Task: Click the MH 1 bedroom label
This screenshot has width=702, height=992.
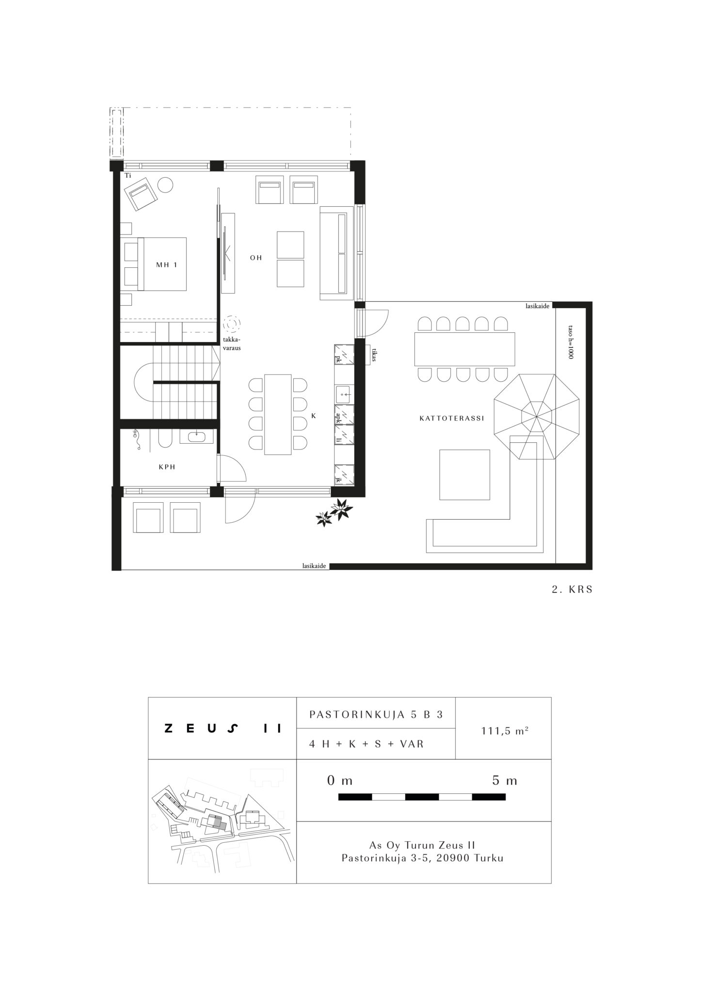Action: click(166, 265)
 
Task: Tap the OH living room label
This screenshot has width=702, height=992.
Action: click(256, 258)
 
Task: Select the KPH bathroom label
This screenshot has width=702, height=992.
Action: click(167, 467)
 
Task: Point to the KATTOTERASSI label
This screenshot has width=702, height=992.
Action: click(452, 418)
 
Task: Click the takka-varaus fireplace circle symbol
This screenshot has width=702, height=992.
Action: click(232, 323)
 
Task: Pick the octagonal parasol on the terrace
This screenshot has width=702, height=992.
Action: click(537, 417)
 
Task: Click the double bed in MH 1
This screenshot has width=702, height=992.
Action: click(156, 264)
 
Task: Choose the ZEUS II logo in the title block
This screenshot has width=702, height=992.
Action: click(223, 728)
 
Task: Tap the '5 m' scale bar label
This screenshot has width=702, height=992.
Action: click(505, 780)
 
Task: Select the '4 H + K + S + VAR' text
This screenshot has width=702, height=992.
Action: click(367, 744)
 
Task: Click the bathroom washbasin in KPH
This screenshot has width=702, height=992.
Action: click(196, 436)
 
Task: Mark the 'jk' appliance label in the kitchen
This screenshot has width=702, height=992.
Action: click(338, 480)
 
